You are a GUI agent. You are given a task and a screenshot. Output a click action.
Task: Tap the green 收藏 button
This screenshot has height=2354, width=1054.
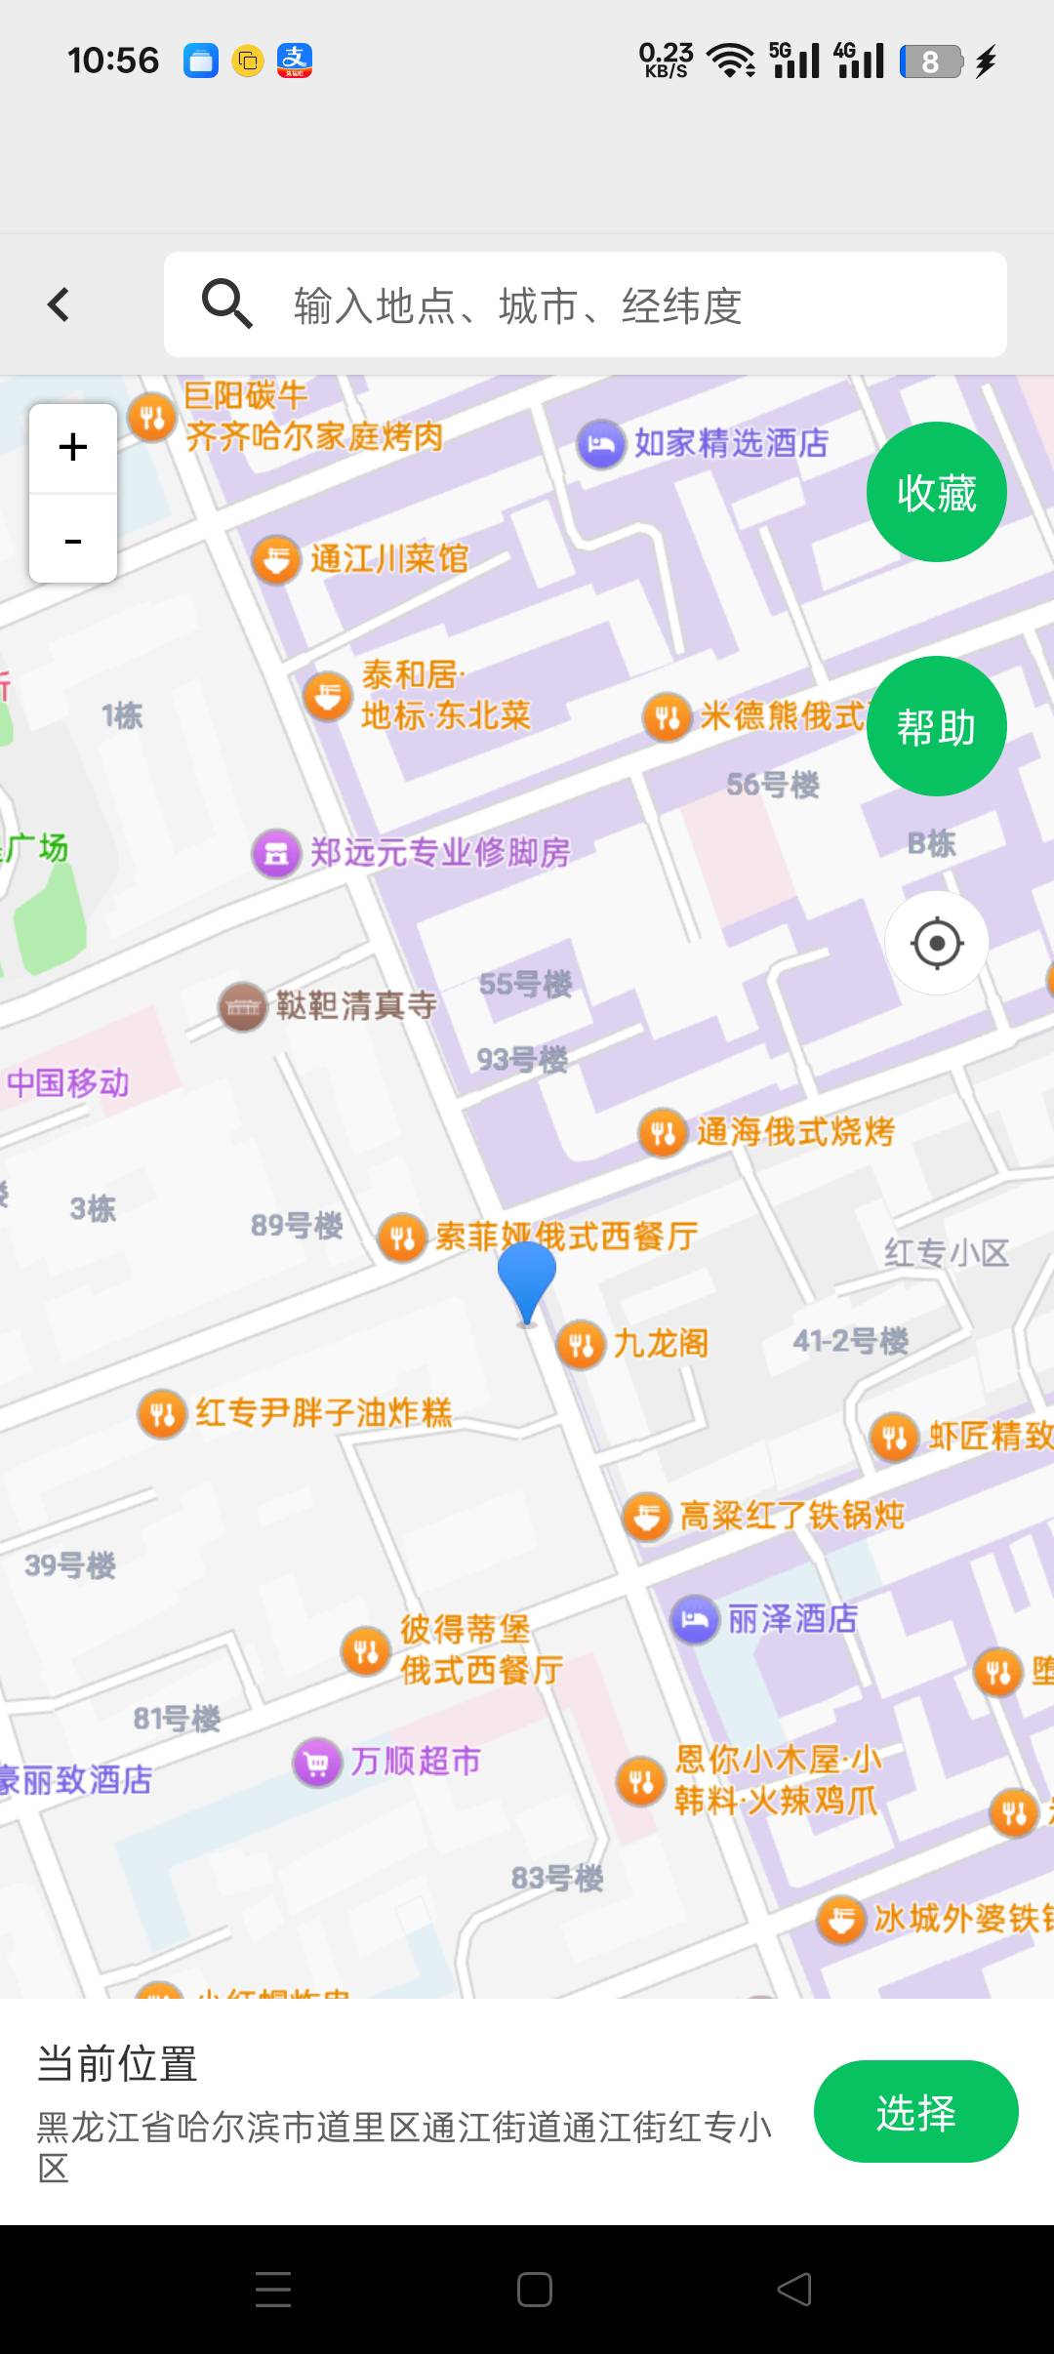(x=936, y=492)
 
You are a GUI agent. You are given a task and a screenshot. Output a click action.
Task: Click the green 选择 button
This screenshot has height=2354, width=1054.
(x=915, y=2112)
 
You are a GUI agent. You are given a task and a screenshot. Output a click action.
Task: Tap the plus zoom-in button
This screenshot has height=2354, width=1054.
(x=73, y=448)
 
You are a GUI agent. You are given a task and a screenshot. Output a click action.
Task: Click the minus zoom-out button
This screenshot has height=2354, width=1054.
(x=73, y=540)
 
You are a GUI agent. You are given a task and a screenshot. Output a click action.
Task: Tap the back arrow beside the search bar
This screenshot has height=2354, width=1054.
(x=59, y=304)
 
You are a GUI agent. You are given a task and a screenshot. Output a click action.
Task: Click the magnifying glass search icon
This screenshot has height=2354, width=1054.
(x=226, y=304)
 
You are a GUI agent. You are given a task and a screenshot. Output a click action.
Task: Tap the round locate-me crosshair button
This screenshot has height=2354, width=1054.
(x=937, y=943)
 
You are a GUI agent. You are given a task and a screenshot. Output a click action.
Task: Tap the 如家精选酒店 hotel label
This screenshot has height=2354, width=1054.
(x=731, y=443)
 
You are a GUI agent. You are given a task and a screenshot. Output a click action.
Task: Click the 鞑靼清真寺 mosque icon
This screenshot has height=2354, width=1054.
(x=242, y=1006)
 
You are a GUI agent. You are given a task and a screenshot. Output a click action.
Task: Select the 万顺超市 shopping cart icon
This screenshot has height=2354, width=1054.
(x=317, y=1762)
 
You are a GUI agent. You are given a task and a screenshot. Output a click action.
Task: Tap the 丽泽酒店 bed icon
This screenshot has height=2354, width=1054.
(x=695, y=1619)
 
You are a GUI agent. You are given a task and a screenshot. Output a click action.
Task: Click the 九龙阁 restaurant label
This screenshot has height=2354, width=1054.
(x=661, y=1344)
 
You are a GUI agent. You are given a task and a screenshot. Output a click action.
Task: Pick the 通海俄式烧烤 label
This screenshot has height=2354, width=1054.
(x=795, y=1132)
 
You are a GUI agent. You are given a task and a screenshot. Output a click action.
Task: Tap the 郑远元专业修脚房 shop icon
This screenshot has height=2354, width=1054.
(x=277, y=853)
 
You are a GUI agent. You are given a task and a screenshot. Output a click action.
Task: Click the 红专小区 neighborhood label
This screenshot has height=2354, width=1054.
(x=946, y=1253)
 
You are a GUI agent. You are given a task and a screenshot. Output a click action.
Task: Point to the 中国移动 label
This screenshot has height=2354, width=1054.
(x=67, y=1083)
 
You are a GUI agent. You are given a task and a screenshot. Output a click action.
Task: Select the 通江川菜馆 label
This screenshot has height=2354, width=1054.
(x=389, y=559)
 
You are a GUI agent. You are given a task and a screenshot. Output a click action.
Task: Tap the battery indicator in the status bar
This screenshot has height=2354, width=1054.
(x=931, y=61)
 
